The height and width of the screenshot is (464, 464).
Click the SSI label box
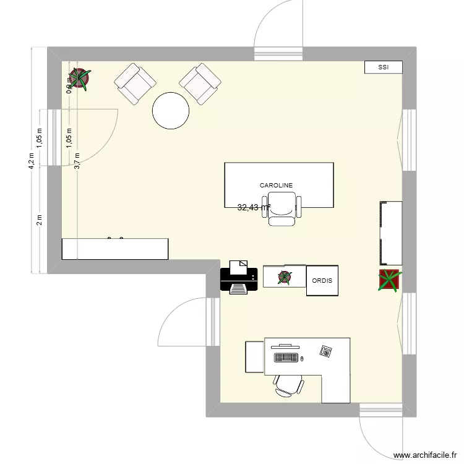[384, 67]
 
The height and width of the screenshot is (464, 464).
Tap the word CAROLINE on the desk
[276, 185]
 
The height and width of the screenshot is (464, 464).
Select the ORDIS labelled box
[322, 281]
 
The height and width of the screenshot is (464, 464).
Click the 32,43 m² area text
[254, 208]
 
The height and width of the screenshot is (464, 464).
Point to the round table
[171, 110]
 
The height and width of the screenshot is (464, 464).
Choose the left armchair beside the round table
[134, 83]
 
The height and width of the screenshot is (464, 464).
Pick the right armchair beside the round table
[200, 83]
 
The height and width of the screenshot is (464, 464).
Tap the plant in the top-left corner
[79, 79]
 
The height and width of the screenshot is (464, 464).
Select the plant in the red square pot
[390, 280]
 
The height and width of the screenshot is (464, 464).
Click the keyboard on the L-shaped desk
[285, 358]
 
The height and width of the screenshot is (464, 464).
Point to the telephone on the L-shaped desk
[325, 351]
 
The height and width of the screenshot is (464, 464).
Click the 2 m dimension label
[39, 219]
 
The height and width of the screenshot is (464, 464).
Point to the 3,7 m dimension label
[77, 161]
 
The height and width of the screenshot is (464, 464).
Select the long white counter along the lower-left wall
[115, 248]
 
